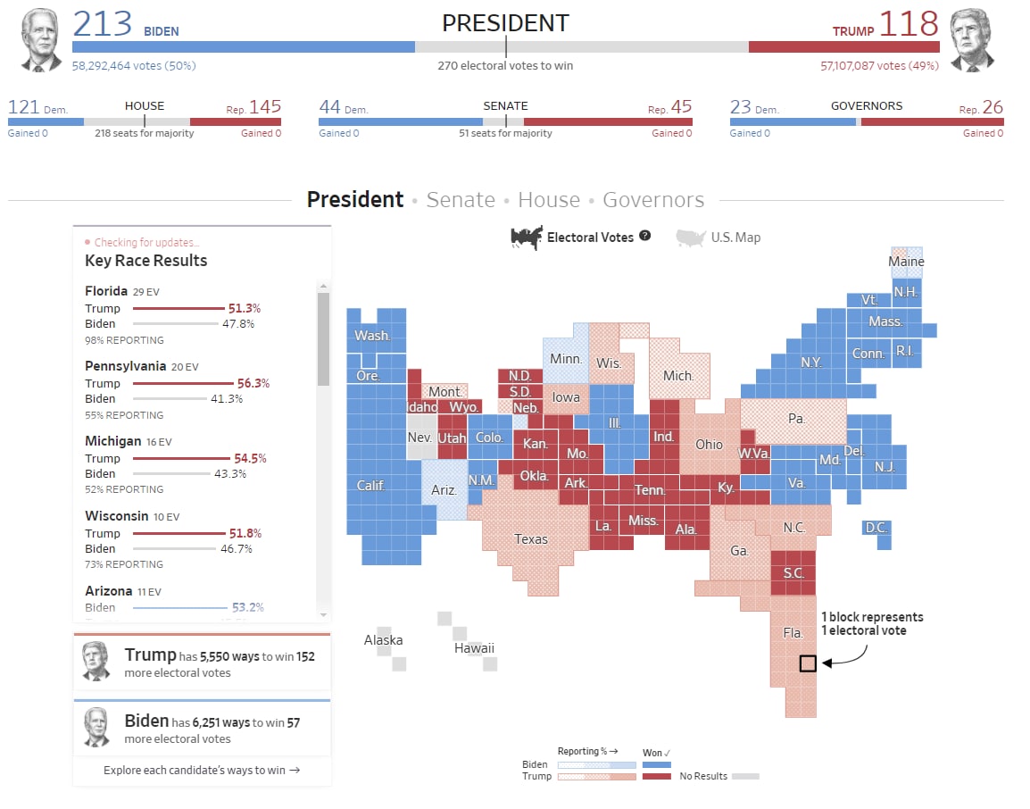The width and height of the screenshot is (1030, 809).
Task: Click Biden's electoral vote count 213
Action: (x=102, y=24)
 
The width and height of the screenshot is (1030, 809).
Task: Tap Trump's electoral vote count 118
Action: (x=909, y=24)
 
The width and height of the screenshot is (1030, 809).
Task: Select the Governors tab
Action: (x=653, y=200)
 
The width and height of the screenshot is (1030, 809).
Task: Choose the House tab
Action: (x=549, y=200)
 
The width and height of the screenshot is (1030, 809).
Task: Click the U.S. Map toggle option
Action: (x=719, y=238)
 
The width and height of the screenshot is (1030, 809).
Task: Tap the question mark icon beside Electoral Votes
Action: (x=645, y=237)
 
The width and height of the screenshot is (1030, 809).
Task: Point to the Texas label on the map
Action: (x=531, y=538)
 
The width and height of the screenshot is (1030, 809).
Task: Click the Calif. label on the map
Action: (x=370, y=485)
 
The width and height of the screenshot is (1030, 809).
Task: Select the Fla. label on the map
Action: (x=793, y=633)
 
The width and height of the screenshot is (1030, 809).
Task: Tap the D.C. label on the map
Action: (x=876, y=528)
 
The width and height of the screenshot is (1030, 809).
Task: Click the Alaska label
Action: (x=383, y=640)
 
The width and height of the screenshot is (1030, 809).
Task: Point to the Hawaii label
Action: (x=474, y=648)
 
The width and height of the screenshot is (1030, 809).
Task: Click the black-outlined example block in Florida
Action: (x=808, y=663)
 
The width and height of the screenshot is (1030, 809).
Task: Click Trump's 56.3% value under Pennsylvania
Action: (x=253, y=383)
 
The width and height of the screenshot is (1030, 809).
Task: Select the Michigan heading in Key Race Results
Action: (x=113, y=441)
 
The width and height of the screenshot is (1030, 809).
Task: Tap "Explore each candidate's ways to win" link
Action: (x=202, y=770)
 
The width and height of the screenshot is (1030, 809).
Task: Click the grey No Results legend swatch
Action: (x=745, y=776)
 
